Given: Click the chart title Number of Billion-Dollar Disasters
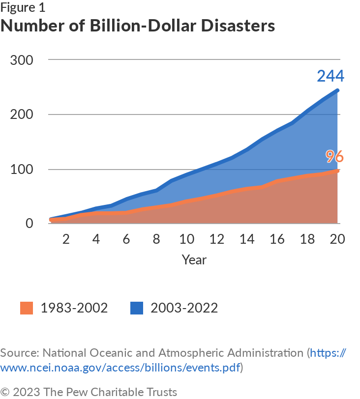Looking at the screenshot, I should [x=138, y=26].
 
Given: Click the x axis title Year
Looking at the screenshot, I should [x=194, y=259].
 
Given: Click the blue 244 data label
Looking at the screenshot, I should [x=330, y=77].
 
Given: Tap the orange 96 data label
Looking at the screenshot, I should [x=334, y=157].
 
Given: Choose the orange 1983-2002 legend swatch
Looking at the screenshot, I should [x=26, y=308].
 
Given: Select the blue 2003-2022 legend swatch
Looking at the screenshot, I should [x=136, y=308].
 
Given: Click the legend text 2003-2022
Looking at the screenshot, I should [x=184, y=308].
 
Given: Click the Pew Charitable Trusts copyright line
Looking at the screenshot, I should [x=89, y=392].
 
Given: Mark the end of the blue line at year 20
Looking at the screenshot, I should [x=338, y=90].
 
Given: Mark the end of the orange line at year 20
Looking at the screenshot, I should [x=338, y=171].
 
